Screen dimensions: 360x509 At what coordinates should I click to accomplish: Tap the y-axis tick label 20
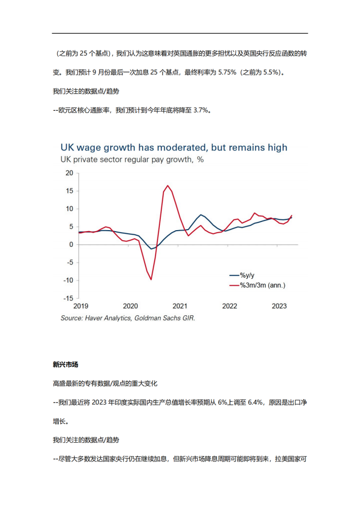click(x=69, y=173)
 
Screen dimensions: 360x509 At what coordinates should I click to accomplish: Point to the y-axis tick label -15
click(x=68, y=298)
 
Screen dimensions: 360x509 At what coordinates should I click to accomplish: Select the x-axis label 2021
click(x=179, y=306)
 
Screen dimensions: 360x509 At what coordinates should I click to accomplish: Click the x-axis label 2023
click(x=279, y=306)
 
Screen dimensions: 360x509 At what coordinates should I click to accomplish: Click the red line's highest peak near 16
click(x=167, y=186)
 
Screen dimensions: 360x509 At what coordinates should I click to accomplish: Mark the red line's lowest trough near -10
click(x=151, y=279)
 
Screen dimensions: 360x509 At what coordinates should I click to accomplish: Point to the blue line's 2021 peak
click(x=201, y=215)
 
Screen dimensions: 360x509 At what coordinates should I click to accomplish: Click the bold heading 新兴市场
click(x=65, y=365)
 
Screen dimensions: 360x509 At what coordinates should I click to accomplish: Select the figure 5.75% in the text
click(x=227, y=72)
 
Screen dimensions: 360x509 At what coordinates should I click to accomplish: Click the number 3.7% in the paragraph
click(x=201, y=111)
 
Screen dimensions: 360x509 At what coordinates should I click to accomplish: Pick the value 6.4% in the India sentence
click(x=255, y=403)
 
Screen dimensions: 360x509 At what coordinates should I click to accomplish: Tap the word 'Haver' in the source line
click(x=94, y=318)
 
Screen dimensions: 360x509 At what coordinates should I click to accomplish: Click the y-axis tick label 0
click(x=71, y=245)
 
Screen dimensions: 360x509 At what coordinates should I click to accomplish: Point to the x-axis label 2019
click(x=81, y=306)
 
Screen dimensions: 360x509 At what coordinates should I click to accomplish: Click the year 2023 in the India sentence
click(x=99, y=403)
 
